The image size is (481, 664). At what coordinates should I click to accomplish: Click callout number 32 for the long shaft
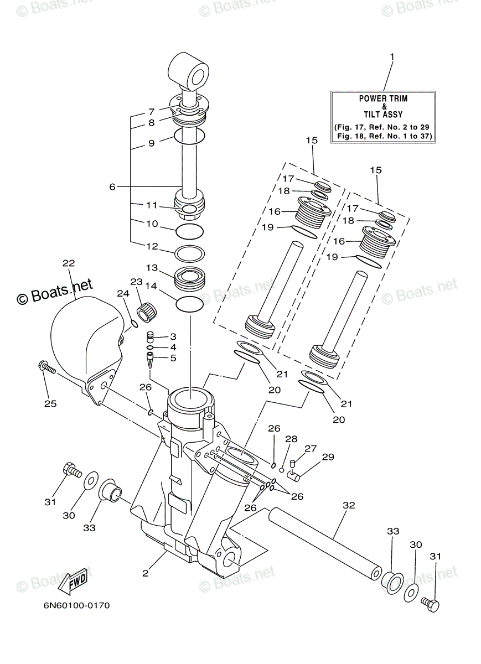(x=349, y=505)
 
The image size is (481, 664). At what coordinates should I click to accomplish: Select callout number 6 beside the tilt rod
(x=112, y=187)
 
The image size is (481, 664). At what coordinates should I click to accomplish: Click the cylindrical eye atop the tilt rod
(x=189, y=71)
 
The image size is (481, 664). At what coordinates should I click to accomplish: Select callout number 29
(x=328, y=457)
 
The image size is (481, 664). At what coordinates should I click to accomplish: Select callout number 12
(x=152, y=246)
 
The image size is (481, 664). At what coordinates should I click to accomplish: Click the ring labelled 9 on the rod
(x=190, y=135)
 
